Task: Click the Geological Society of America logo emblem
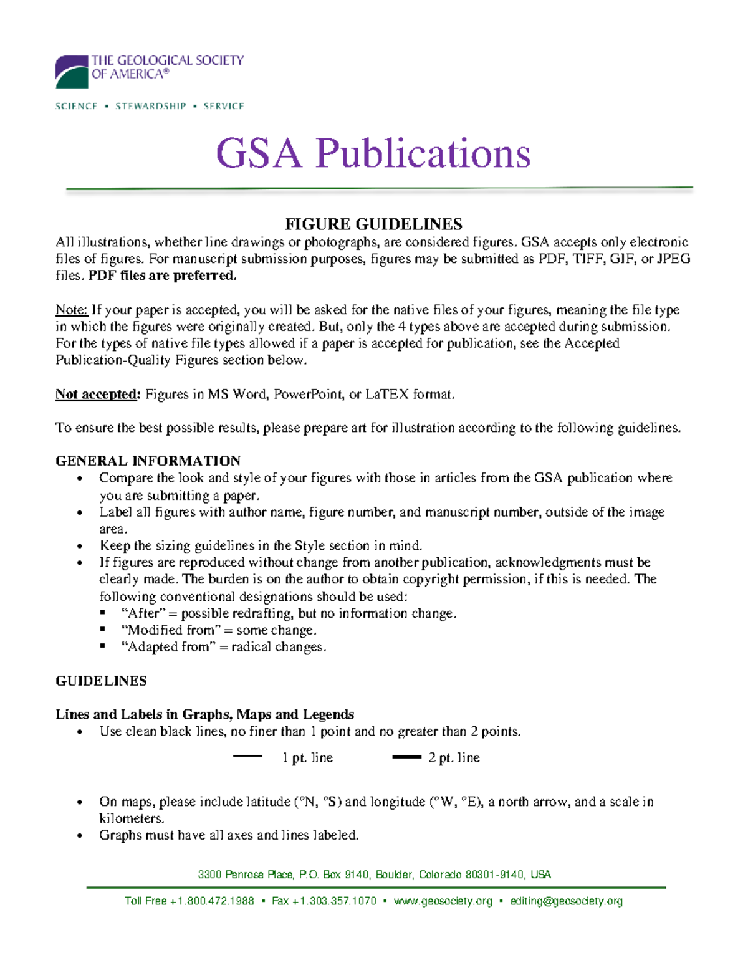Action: [x=72, y=72]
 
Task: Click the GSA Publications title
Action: [x=373, y=153]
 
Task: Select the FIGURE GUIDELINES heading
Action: [x=373, y=224]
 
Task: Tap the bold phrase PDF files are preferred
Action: [x=163, y=276]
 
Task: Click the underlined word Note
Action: [x=71, y=310]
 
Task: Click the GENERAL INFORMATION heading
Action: [x=148, y=461]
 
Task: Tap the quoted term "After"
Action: [x=143, y=613]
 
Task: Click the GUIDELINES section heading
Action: [x=101, y=681]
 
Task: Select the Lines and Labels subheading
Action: [x=204, y=714]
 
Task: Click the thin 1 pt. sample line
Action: [x=247, y=757]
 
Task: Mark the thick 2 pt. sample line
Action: [x=406, y=757]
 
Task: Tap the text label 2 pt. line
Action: [x=454, y=758]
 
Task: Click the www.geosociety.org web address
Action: [x=443, y=901]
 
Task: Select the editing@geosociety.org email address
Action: [x=566, y=901]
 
